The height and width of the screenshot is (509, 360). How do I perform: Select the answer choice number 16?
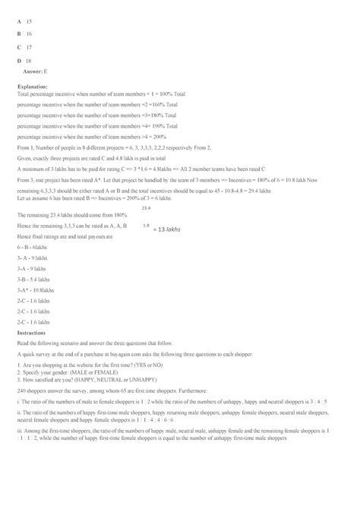[29, 34]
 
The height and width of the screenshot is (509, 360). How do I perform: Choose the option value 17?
[29, 46]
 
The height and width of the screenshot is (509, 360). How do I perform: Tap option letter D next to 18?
[18, 59]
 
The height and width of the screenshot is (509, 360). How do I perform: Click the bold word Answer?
[33, 70]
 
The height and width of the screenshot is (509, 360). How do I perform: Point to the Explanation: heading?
[32, 87]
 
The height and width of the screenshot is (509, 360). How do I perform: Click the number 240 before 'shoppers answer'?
[21, 390]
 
